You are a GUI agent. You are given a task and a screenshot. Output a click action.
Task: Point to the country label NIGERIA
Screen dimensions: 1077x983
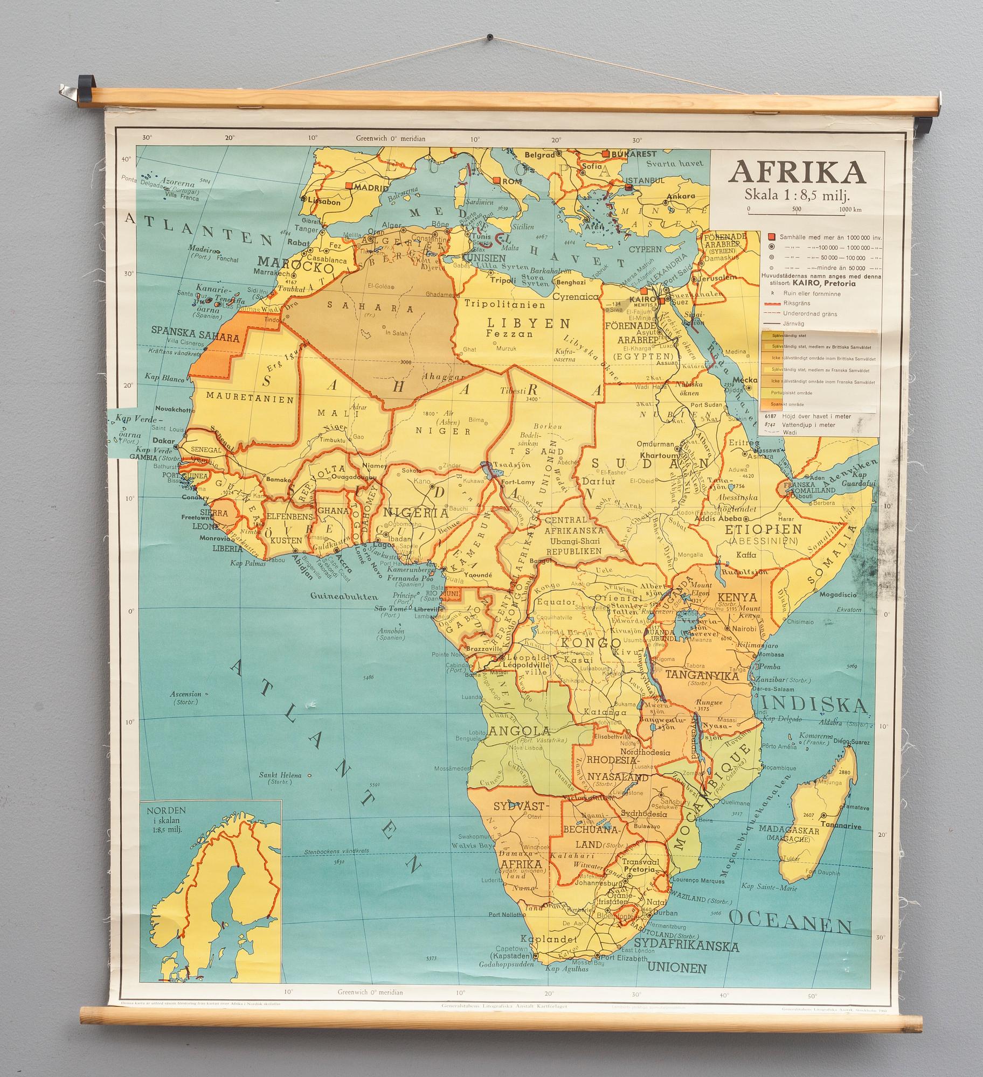tap(415, 513)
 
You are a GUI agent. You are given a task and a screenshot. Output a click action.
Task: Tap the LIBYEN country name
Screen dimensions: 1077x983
tap(529, 323)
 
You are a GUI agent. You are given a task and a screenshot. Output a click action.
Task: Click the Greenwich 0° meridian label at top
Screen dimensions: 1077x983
tap(391, 138)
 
